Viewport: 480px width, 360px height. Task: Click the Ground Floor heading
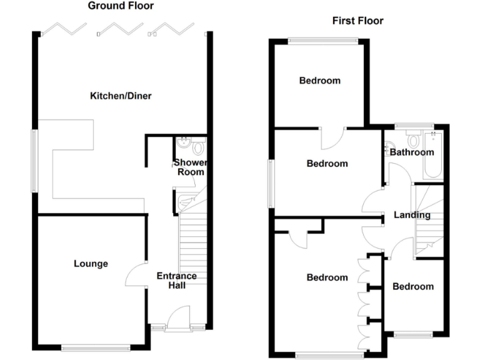[121, 6]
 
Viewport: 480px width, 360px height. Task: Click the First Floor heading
[357, 21]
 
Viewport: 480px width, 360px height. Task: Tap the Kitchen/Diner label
[121, 96]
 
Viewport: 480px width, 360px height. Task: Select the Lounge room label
[91, 264]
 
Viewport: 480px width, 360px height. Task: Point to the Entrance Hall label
[176, 281]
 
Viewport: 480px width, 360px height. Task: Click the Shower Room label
[189, 167]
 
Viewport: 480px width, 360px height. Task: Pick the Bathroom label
[412, 152]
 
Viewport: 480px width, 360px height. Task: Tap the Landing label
[412, 215]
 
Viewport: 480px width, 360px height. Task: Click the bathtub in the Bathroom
[433, 154]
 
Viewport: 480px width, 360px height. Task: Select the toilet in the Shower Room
[198, 147]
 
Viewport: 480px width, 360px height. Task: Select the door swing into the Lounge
[135, 275]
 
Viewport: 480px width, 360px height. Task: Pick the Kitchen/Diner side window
[35, 159]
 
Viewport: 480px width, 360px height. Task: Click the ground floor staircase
[192, 237]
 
